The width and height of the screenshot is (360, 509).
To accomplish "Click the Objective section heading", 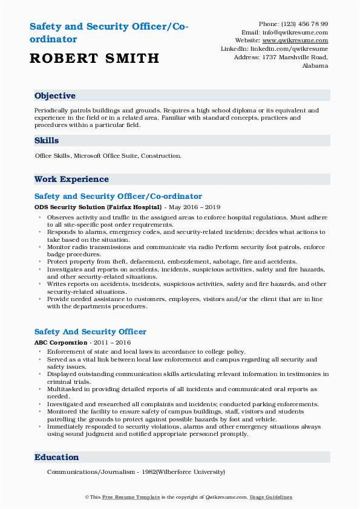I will point(55,96).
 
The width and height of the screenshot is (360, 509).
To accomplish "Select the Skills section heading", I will point(47,140).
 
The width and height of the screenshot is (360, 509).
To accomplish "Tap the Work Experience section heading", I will point(71,179).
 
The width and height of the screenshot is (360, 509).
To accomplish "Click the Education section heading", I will point(56,458).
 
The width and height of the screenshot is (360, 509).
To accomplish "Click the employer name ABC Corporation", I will point(61,342).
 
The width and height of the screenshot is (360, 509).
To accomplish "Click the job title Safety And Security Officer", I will point(90,332).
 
